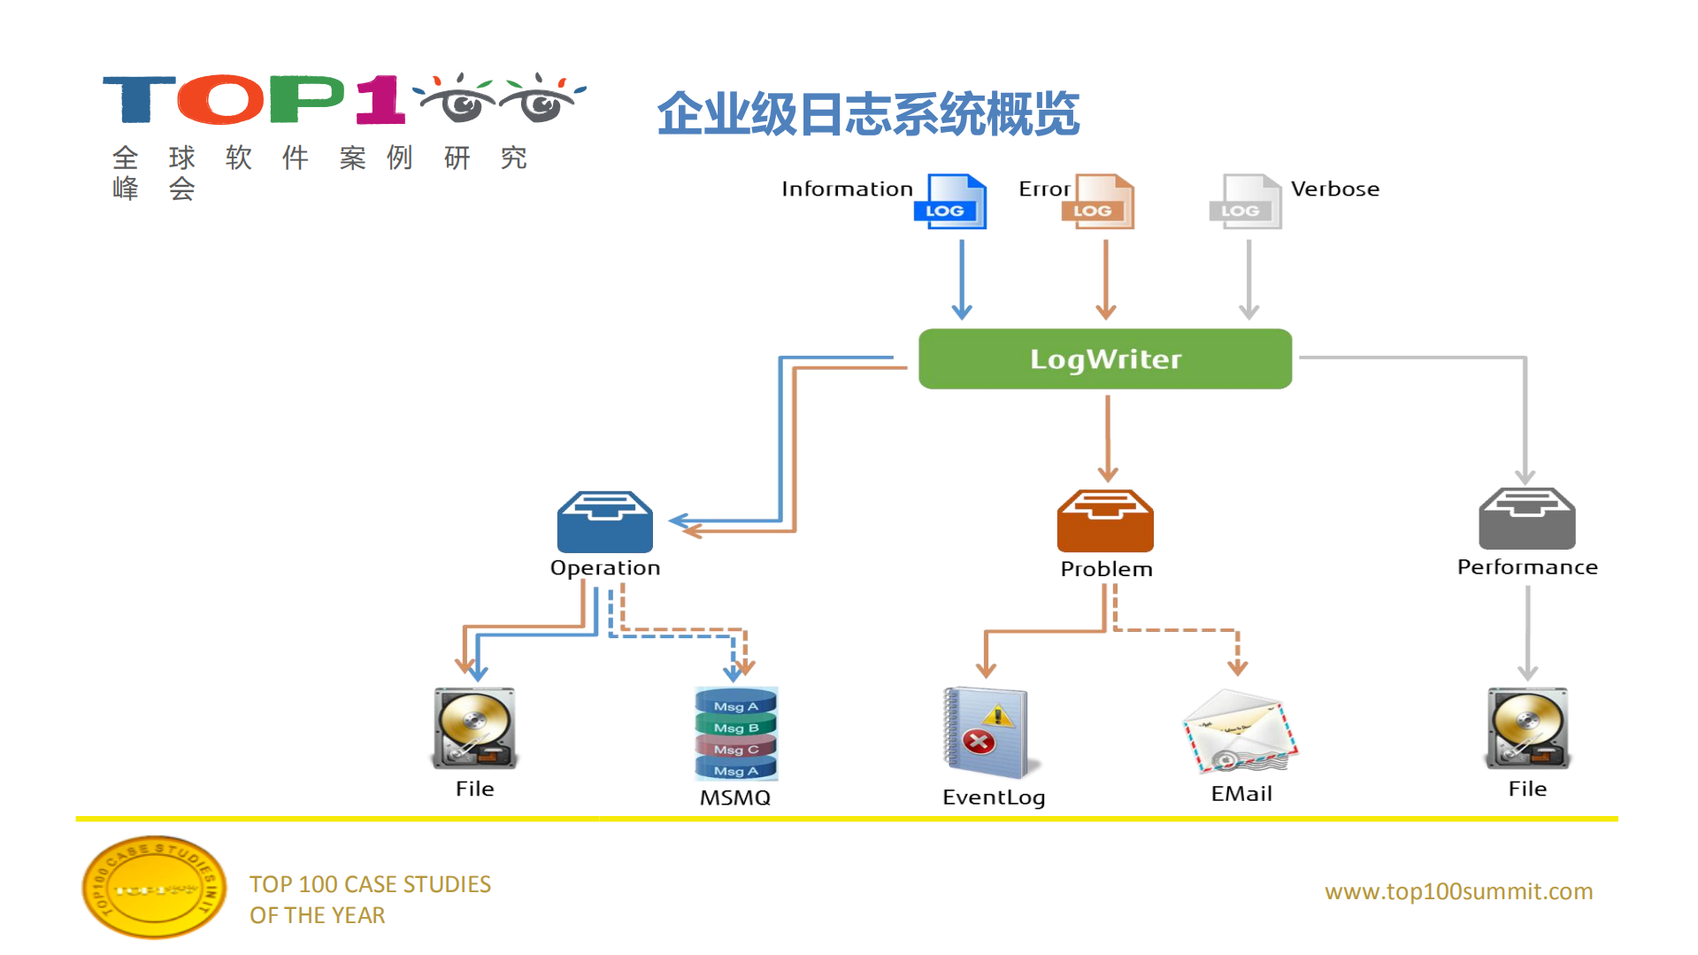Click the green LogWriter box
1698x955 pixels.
tap(1104, 358)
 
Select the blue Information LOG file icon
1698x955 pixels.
tap(951, 202)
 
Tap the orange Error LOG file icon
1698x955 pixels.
tap(1099, 202)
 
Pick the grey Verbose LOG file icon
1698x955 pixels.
tap(1246, 202)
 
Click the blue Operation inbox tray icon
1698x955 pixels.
tap(604, 522)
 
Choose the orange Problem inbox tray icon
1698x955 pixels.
tap(1105, 522)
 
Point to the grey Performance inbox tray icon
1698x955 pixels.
tap(1526, 520)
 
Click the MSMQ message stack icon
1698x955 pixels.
tap(735, 734)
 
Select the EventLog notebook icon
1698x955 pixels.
tap(987, 734)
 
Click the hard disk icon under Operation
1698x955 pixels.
tap(474, 728)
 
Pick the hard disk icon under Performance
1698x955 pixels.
tap(1527, 728)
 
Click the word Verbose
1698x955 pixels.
tap(1334, 189)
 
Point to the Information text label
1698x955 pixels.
tap(846, 189)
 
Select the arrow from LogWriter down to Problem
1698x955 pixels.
tap(1107, 438)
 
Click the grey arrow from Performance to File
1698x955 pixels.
tap(1527, 633)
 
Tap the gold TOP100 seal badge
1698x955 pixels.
tap(154, 888)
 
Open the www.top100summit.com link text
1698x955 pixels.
tap(1457, 891)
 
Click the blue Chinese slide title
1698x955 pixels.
tap(867, 114)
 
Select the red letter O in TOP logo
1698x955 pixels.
tap(220, 99)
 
